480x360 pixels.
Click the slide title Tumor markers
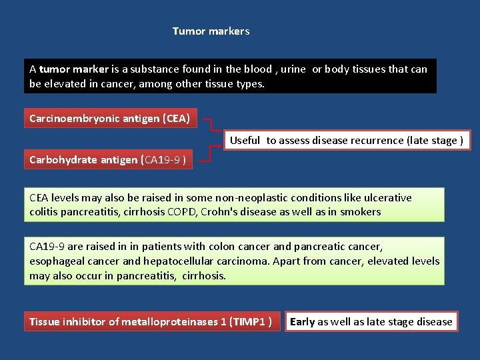pos(211,31)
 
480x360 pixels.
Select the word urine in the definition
pos(293,69)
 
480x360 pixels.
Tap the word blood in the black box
pos(259,69)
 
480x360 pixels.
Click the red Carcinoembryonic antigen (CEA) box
pos(110,119)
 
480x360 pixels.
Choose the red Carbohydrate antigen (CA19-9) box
pos(108,160)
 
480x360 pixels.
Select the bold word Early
pos(302,322)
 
